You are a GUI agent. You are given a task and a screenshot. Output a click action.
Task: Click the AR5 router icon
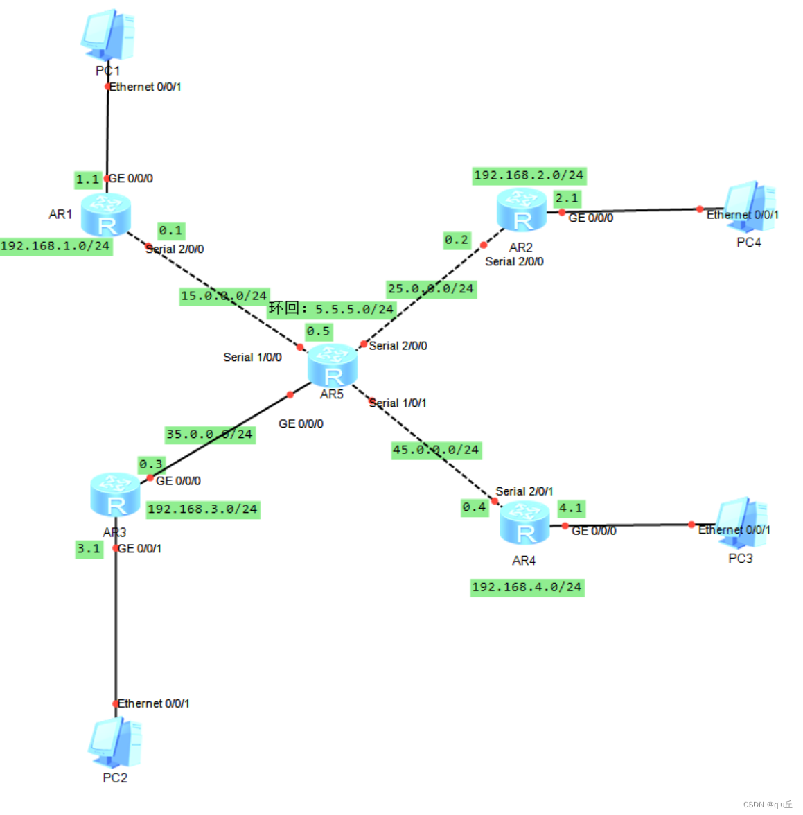[x=333, y=365]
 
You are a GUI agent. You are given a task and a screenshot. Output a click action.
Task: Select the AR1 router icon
[x=106, y=214]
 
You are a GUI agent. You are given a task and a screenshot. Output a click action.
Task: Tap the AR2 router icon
[x=522, y=209]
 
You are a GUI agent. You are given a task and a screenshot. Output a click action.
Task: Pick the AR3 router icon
[x=115, y=494]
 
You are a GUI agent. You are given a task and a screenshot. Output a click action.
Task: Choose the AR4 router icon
[x=524, y=523]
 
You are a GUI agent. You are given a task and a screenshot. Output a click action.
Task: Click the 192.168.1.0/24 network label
[x=55, y=246]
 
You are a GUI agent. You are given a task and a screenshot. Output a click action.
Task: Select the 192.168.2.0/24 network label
[x=529, y=175]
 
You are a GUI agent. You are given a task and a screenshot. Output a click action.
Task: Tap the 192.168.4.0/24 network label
[x=527, y=587]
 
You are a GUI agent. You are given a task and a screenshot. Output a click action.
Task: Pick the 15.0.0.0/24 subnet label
[x=224, y=296]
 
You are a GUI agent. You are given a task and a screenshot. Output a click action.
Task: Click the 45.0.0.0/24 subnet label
[x=436, y=450]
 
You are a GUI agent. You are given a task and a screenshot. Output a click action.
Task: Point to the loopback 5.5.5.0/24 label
[x=332, y=308]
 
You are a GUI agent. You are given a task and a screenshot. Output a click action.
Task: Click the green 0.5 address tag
[x=319, y=331]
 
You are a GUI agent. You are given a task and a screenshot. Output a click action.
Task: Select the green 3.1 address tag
[x=89, y=549]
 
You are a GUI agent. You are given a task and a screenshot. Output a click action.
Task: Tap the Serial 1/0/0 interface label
[x=252, y=358]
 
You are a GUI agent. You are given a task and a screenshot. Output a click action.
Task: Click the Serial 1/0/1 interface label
[x=398, y=403]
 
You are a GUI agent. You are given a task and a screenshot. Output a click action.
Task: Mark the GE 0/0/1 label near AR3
[x=140, y=549]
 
